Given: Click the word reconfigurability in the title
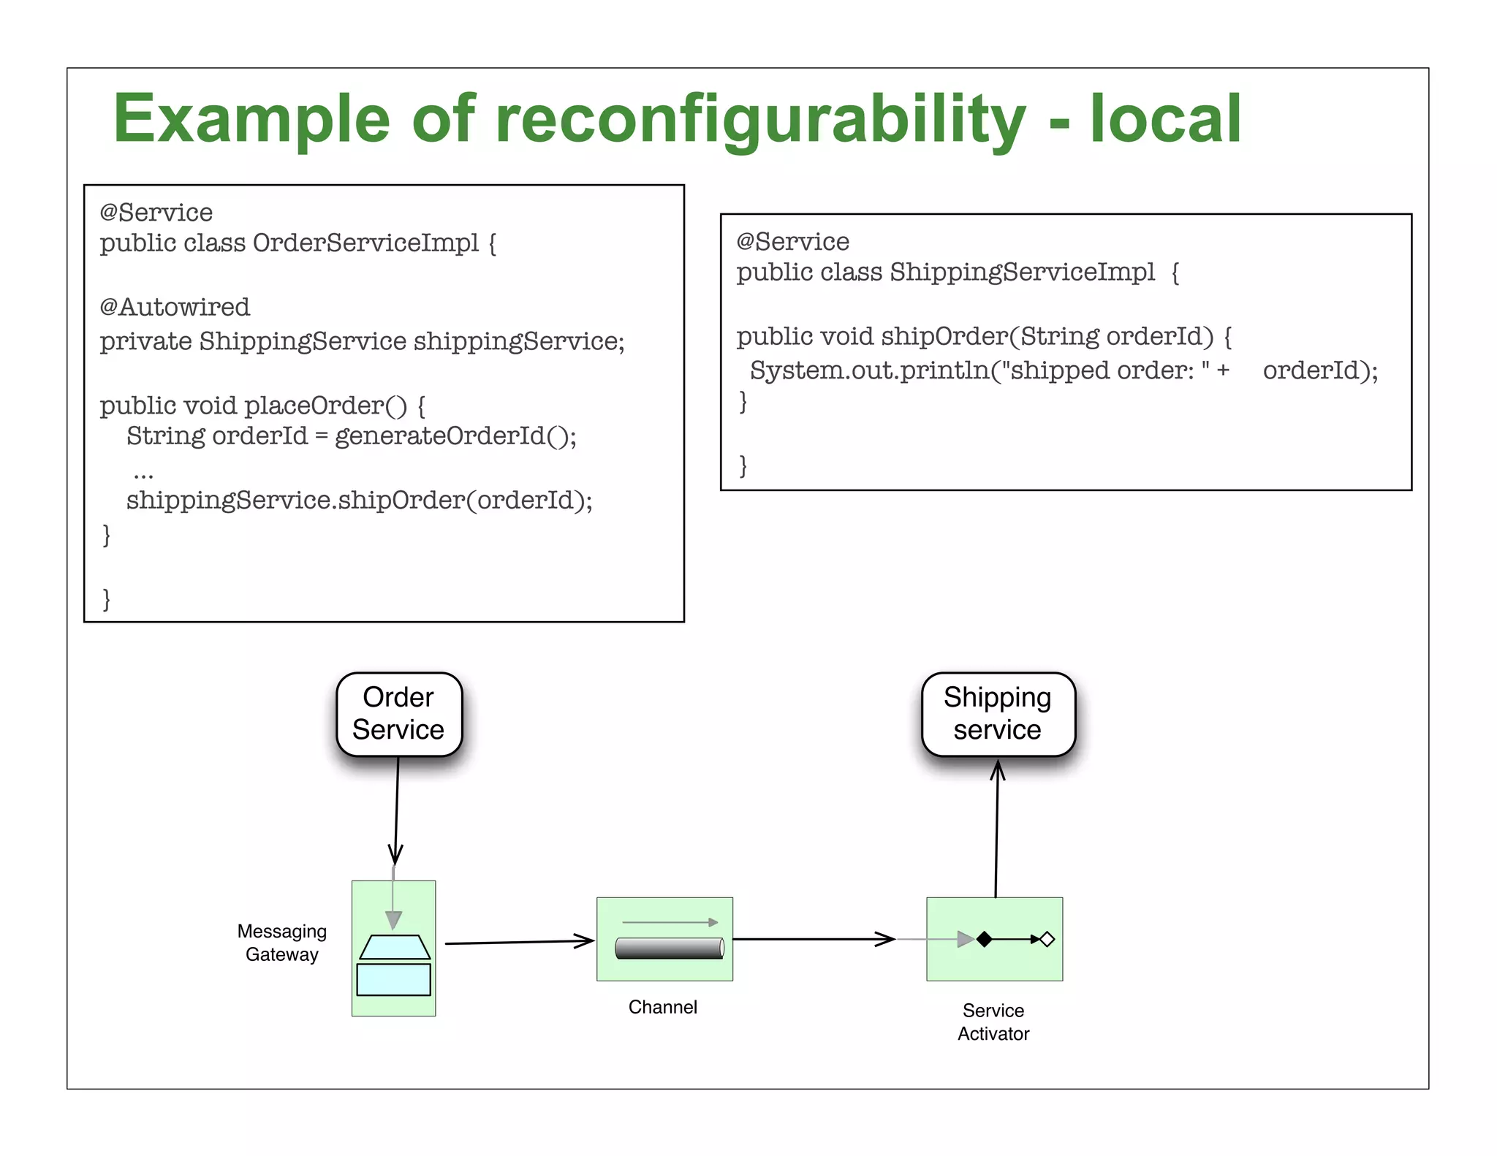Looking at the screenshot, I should click(x=760, y=121).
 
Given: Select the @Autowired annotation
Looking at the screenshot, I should click(x=175, y=307).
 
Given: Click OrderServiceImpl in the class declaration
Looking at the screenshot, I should click(x=365, y=243).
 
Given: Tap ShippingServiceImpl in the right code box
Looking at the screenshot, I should click(x=1021, y=272).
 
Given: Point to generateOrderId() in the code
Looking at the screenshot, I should click(x=455, y=436).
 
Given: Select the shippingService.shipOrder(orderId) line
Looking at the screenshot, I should click(x=359, y=501).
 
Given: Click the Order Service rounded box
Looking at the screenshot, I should click(x=399, y=714).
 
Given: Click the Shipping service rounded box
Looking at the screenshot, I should click(x=998, y=714).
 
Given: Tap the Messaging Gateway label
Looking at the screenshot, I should click(x=282, y=943).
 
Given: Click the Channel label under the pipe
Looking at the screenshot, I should click(x=663, y=1007).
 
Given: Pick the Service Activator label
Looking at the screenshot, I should click(x=993, y=1022).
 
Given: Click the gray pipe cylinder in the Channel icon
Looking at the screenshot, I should click(x=669, y=948).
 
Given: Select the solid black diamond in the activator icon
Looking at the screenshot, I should click(x=985, y=939).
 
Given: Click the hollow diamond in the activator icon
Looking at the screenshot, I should click(x=1047, y=939).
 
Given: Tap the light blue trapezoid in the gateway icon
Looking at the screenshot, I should click(x=395, y=947).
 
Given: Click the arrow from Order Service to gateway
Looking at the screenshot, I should click(x=397, y=811).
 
